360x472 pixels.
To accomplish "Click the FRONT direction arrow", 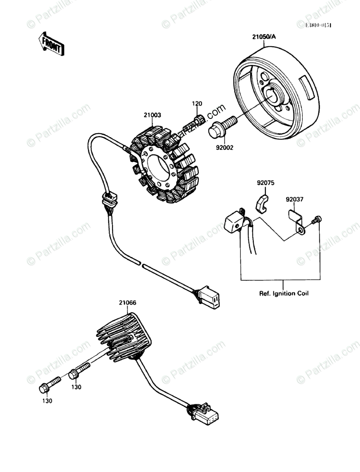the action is click(51, 44).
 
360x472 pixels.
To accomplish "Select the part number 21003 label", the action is click(152, 115).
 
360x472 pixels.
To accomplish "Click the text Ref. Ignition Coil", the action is click(283, 293).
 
